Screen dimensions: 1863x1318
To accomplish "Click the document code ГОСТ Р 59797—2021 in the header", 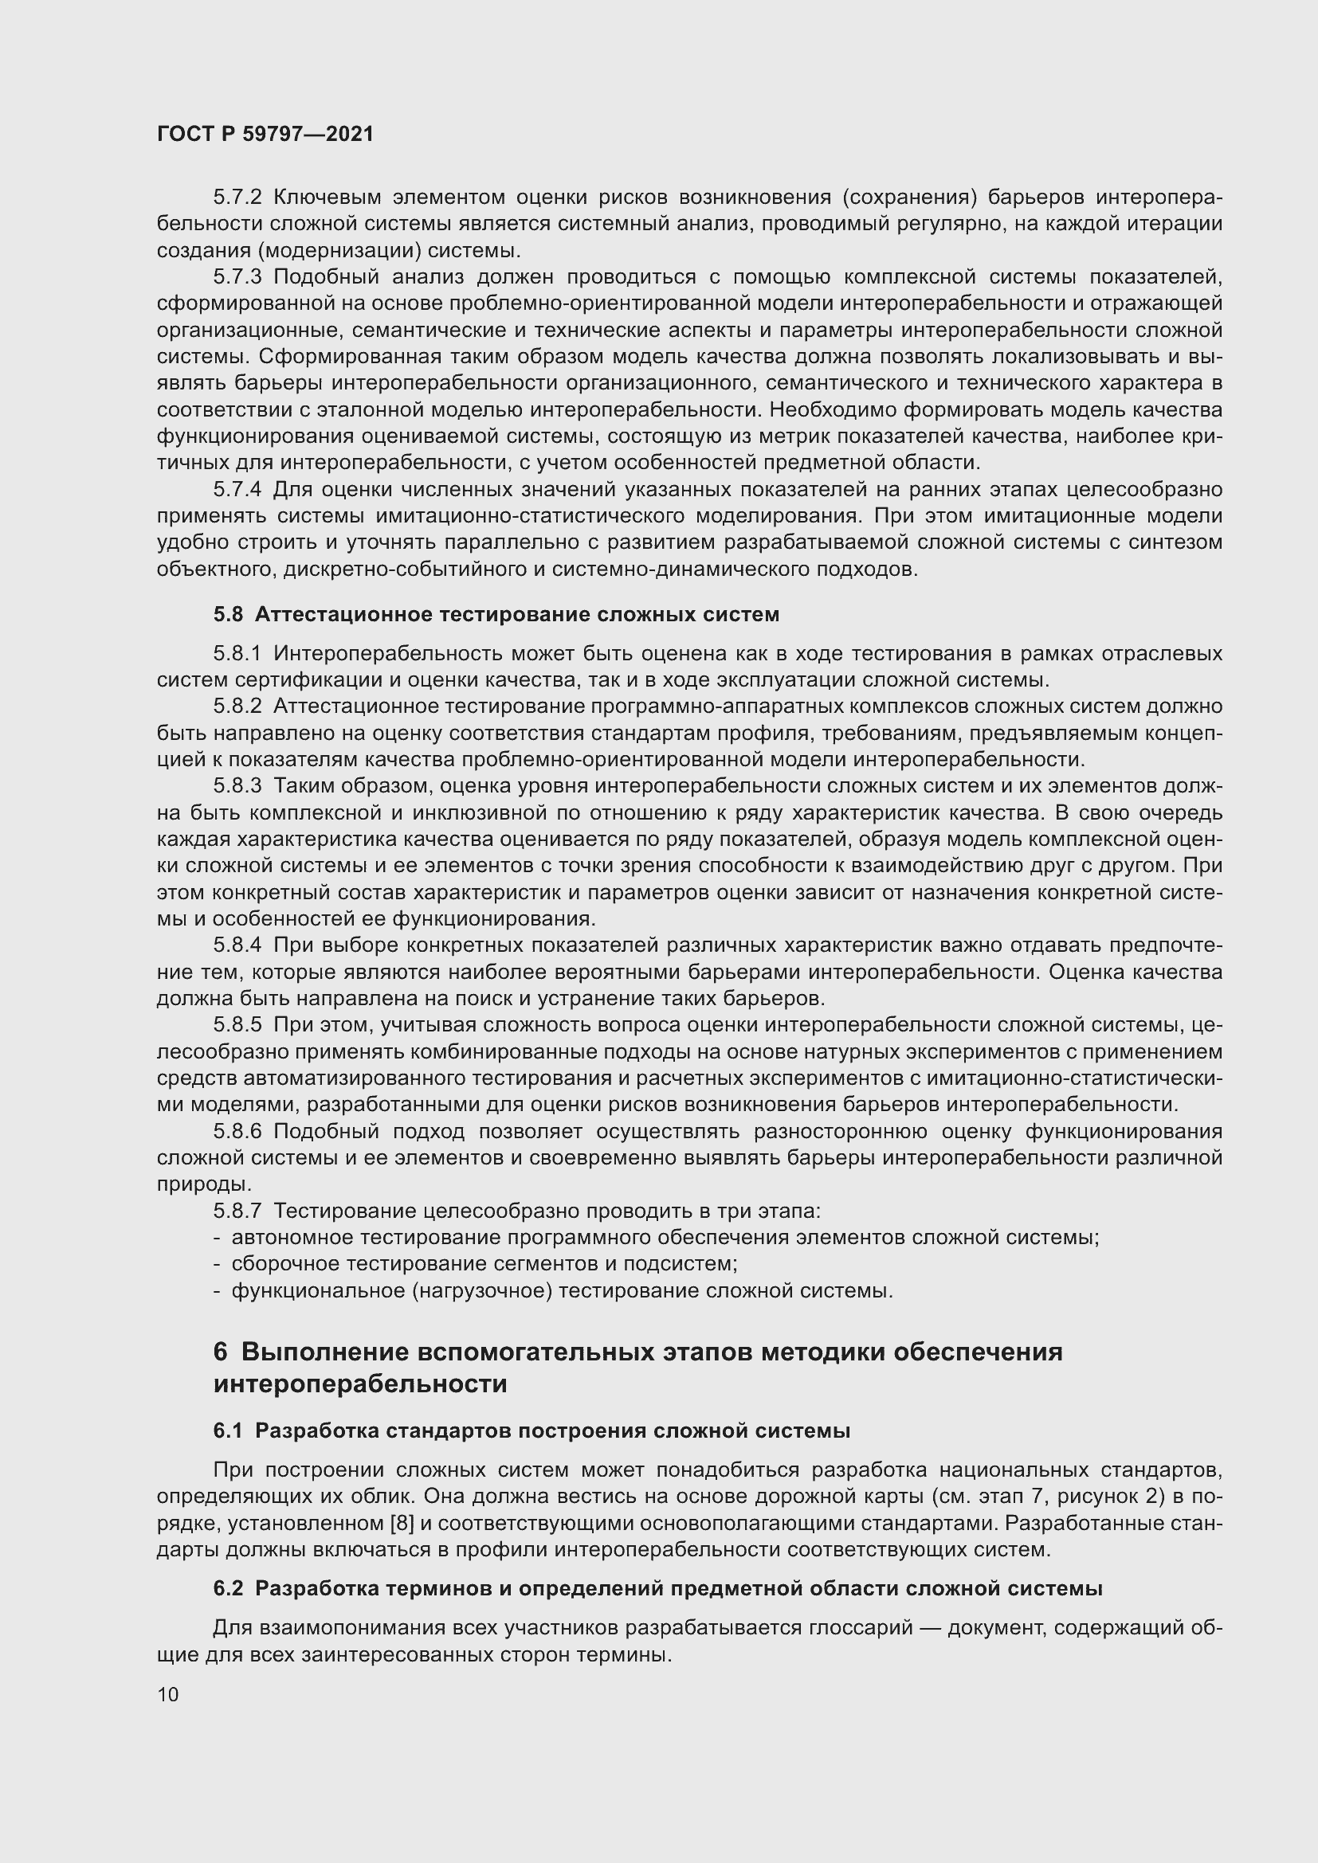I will (265, 135).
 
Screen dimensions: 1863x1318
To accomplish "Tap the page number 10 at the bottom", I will (168, 1694).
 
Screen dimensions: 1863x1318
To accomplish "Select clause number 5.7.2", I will (237, 198).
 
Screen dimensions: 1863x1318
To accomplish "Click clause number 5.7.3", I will (237, 276).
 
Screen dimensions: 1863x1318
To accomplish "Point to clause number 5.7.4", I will (237, 489).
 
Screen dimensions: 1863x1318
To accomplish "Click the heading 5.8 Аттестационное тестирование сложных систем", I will (496, 614).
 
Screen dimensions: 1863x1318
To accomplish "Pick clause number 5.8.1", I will (237, 653).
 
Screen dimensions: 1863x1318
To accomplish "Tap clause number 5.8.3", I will (237, 785).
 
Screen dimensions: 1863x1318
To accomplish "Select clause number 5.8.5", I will (237, 1025).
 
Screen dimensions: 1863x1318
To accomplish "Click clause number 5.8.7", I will (237, 1211).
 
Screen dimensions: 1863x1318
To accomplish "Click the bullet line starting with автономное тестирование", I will (664, 1238).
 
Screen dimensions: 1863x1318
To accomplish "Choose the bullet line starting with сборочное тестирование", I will (484, 1263).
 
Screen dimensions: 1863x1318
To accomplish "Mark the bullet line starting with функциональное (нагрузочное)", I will (562, 1290).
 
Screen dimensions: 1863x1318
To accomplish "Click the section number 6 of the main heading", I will (221, 1352).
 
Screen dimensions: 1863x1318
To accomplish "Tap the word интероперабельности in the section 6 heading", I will (360, 1384).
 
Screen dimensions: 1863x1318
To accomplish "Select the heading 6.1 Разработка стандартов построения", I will (532, 1431).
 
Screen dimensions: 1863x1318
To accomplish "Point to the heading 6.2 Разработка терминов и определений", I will (657, 1589).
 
